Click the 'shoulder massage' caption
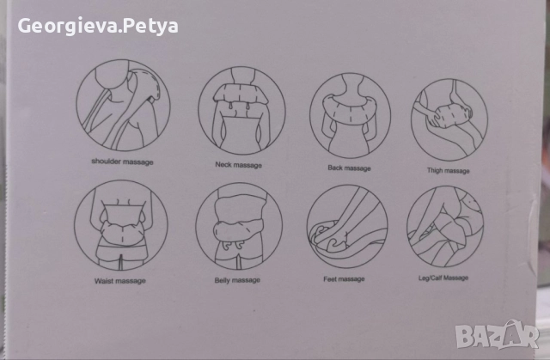[122, 162]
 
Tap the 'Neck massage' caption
[239, 165]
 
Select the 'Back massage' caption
[350, 168]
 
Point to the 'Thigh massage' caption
[449, 171]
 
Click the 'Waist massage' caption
[120, 281]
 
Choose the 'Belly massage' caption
[237, 280]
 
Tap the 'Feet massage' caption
[344, 279]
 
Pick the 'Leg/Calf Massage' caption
[443, 278]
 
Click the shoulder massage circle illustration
[123, 106]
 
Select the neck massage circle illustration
[241, 111]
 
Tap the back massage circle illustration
[350, 116]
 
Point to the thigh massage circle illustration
[449, 120]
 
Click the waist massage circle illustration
[121, 225]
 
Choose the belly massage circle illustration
[239, 226]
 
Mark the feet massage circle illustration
[347, 227]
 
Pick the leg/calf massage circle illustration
[445, 227]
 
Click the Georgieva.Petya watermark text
[98, 26]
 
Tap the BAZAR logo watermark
[497, 335]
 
